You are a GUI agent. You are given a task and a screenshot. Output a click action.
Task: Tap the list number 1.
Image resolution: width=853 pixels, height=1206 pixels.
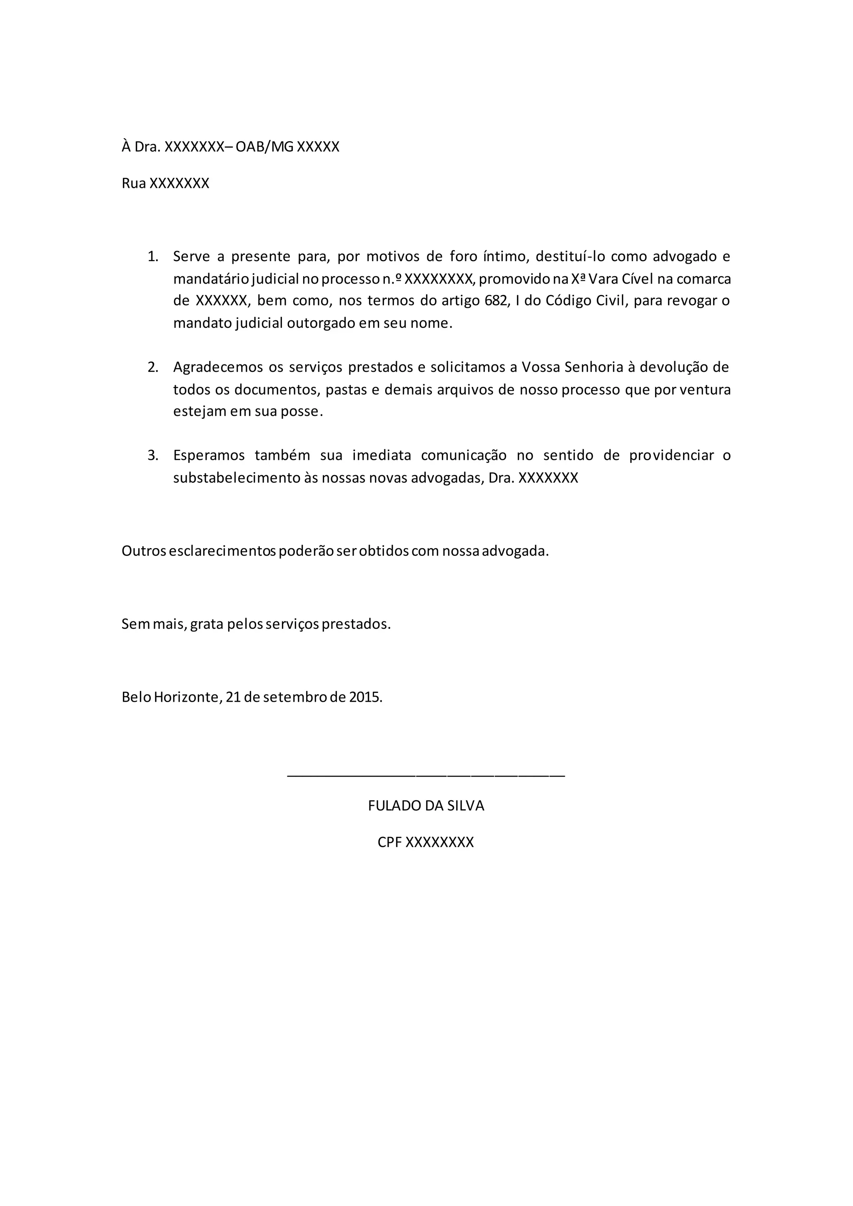tap(152, 257)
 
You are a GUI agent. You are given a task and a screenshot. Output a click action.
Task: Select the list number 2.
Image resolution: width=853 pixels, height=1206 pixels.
tap(152, 367)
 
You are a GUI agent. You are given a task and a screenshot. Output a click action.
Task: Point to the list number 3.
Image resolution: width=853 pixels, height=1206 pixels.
tap(152, 456)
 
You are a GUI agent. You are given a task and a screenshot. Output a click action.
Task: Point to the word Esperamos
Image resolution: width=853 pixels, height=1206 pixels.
tap(209, 456)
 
